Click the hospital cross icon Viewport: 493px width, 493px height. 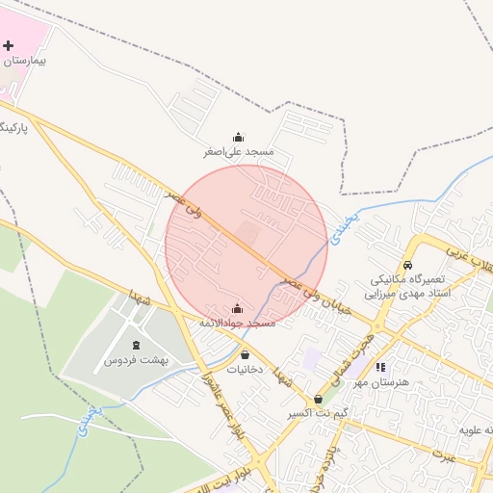click(9, 46)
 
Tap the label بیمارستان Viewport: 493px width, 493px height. click(25, 61)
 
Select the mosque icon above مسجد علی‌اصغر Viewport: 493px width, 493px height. click(238, 137)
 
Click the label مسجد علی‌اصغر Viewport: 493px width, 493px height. click(238, 152)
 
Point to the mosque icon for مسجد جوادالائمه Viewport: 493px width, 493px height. click(237, 308)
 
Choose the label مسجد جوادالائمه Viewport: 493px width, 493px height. click(237, 324)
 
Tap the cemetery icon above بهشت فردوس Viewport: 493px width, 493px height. click(136, 344)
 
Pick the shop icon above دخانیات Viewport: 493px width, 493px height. click(245, 354)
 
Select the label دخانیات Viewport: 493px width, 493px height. click(245, 370)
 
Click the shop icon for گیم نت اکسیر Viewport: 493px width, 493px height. click(318, 399)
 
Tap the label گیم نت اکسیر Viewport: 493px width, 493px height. click(317, 414)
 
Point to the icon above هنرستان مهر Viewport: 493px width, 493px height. click(380, 367)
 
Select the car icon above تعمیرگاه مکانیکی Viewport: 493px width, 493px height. click(407, 264)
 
